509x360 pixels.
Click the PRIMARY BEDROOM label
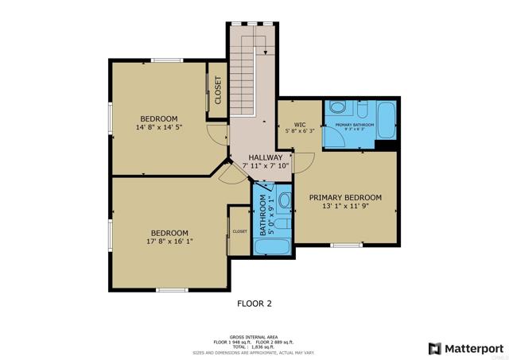pyautogui.click(x=345, y=197)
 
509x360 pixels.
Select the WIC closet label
pyautogui.click(x=300, y=125)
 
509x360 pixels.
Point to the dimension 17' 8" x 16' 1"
pyautogui.click(x=169, y=241)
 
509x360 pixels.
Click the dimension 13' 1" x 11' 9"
pyautogui.click(x=345, y=206)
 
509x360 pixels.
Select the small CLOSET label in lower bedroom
pyautogui.click(x=239, y=231)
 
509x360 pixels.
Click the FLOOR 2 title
pyautogui.click(x=254, y=303)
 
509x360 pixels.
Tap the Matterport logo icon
pyautogui.click(x=434, y=347)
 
